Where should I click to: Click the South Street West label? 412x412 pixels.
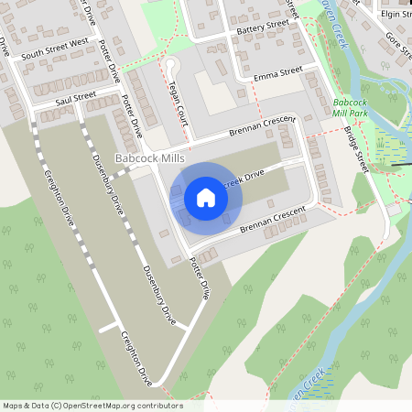pos(55,42)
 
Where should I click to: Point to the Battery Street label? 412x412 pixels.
pos(262,30)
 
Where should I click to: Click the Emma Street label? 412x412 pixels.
pos(278,71)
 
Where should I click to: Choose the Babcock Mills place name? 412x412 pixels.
pos(150,159)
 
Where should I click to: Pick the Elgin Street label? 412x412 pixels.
pos(396,15)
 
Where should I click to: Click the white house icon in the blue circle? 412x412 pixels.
pos(206,197)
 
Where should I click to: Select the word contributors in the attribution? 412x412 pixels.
pos(159,406)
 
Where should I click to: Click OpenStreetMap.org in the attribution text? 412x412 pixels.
pos(99,406)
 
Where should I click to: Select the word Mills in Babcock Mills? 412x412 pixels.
pos(170,159)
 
